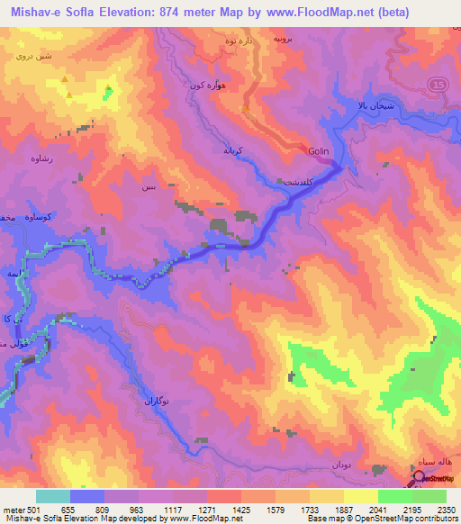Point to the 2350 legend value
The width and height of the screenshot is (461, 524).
pos(447,509)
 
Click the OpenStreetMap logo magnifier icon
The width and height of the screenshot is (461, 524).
pos(419,480)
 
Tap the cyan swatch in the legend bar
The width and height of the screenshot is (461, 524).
pos(53,496)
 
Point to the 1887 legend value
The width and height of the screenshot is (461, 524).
pos(343,509)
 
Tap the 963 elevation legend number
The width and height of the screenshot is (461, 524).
pos(136,509)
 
